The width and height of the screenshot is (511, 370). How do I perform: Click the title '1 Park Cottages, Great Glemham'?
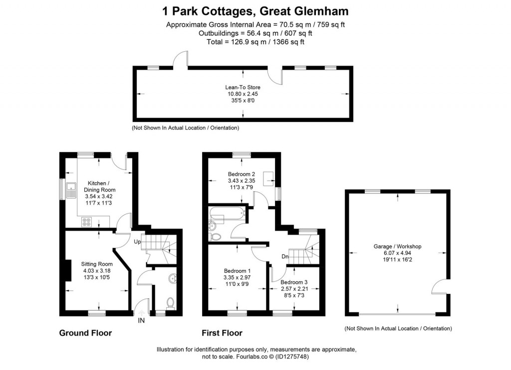(x=255, y=10)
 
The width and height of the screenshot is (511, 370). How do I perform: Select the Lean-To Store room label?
(x=243, y=87)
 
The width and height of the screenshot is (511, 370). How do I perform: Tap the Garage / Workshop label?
(x=397, y=247)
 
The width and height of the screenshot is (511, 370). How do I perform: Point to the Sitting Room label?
(x=97, y=264)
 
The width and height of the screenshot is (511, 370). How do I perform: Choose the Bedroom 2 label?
(x=242, y=174)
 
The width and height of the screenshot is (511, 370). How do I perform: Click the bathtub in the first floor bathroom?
(x=227, y=215)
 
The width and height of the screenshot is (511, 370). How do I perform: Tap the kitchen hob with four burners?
(x=86, y=223)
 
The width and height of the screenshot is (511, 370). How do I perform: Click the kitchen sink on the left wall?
(x=71, y=188)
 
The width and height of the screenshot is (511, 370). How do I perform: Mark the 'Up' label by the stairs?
(x=137, y=242)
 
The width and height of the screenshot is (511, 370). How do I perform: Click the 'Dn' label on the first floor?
(x=285, y=257)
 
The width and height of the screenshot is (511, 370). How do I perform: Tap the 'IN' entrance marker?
(x=141, y=321)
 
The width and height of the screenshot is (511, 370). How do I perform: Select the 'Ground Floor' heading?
(x=85, y=333)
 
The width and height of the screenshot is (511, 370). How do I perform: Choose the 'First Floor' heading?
(x=222, y=333)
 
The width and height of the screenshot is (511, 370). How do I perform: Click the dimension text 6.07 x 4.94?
(x=397, y=253)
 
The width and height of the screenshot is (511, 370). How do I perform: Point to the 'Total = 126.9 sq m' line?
(x=255, y=42)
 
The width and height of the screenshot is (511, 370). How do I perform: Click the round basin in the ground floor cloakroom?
(x=173, y=278)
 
